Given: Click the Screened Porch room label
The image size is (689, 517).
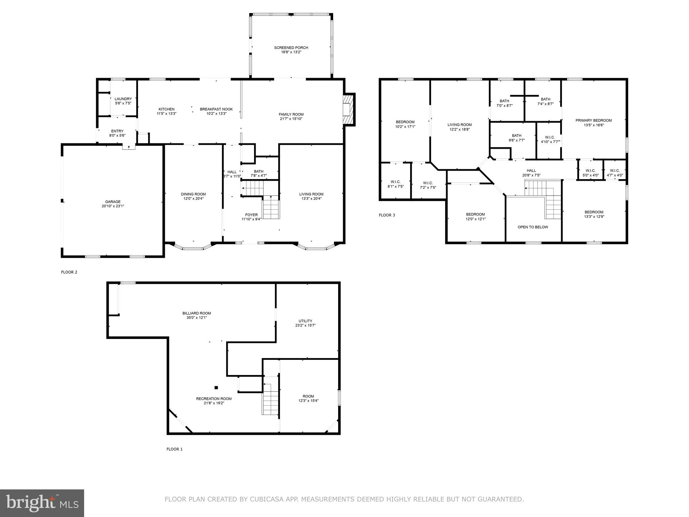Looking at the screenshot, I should (291, 47).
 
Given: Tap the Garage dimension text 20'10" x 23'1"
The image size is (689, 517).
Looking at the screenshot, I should (113, 206).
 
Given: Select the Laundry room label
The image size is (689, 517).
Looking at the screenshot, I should (123, 99).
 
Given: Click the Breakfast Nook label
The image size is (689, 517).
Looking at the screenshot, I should (216, 109).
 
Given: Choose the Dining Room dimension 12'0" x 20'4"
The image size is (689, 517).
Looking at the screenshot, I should (193, 199).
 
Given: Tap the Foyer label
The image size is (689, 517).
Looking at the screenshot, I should (251, 215).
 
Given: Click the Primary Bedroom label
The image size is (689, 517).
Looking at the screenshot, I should (593, 120).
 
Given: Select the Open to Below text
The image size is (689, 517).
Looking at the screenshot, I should (533, 227).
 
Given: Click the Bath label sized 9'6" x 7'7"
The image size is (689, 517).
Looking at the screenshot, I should (516, 136).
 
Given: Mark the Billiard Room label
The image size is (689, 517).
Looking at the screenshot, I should (197, 313).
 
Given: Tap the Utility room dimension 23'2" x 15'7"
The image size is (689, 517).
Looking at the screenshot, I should (305, 325).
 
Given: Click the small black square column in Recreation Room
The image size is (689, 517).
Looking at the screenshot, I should (216, 387).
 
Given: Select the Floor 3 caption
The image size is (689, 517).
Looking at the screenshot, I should (387, 215).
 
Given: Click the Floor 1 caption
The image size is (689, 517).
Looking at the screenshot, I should (174, 449).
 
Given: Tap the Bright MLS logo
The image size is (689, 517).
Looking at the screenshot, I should (42, 503).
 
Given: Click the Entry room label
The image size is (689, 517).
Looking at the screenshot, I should (117, 131).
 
